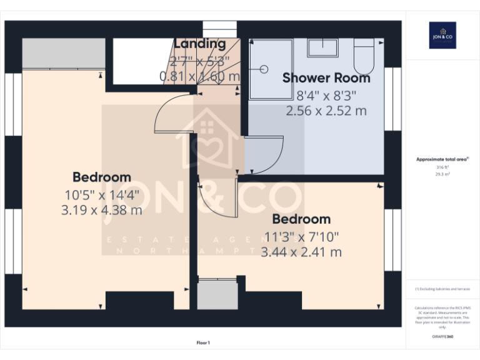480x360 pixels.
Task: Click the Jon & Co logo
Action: pos(442,35)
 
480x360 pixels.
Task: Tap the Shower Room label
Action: pos(326,78)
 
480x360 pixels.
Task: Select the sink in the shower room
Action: pos(323,47)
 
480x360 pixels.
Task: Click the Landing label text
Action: pos(199,44)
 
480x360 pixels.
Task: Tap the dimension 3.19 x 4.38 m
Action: pos(101,210)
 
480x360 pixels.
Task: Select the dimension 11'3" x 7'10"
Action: pos(301,237)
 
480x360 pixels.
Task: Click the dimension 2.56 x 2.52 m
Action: pos(326,111)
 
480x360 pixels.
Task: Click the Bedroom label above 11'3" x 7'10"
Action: pos(301,219)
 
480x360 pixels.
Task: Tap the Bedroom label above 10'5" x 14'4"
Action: pos(101,177)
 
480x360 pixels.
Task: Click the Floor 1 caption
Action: pos(203,342)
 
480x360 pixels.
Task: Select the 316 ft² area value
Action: pos(442,167)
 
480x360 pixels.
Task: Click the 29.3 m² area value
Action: pos(442,175)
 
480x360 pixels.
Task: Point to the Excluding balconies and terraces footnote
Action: pos(442,289)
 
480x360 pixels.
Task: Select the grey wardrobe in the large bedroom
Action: pos(64,54)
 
